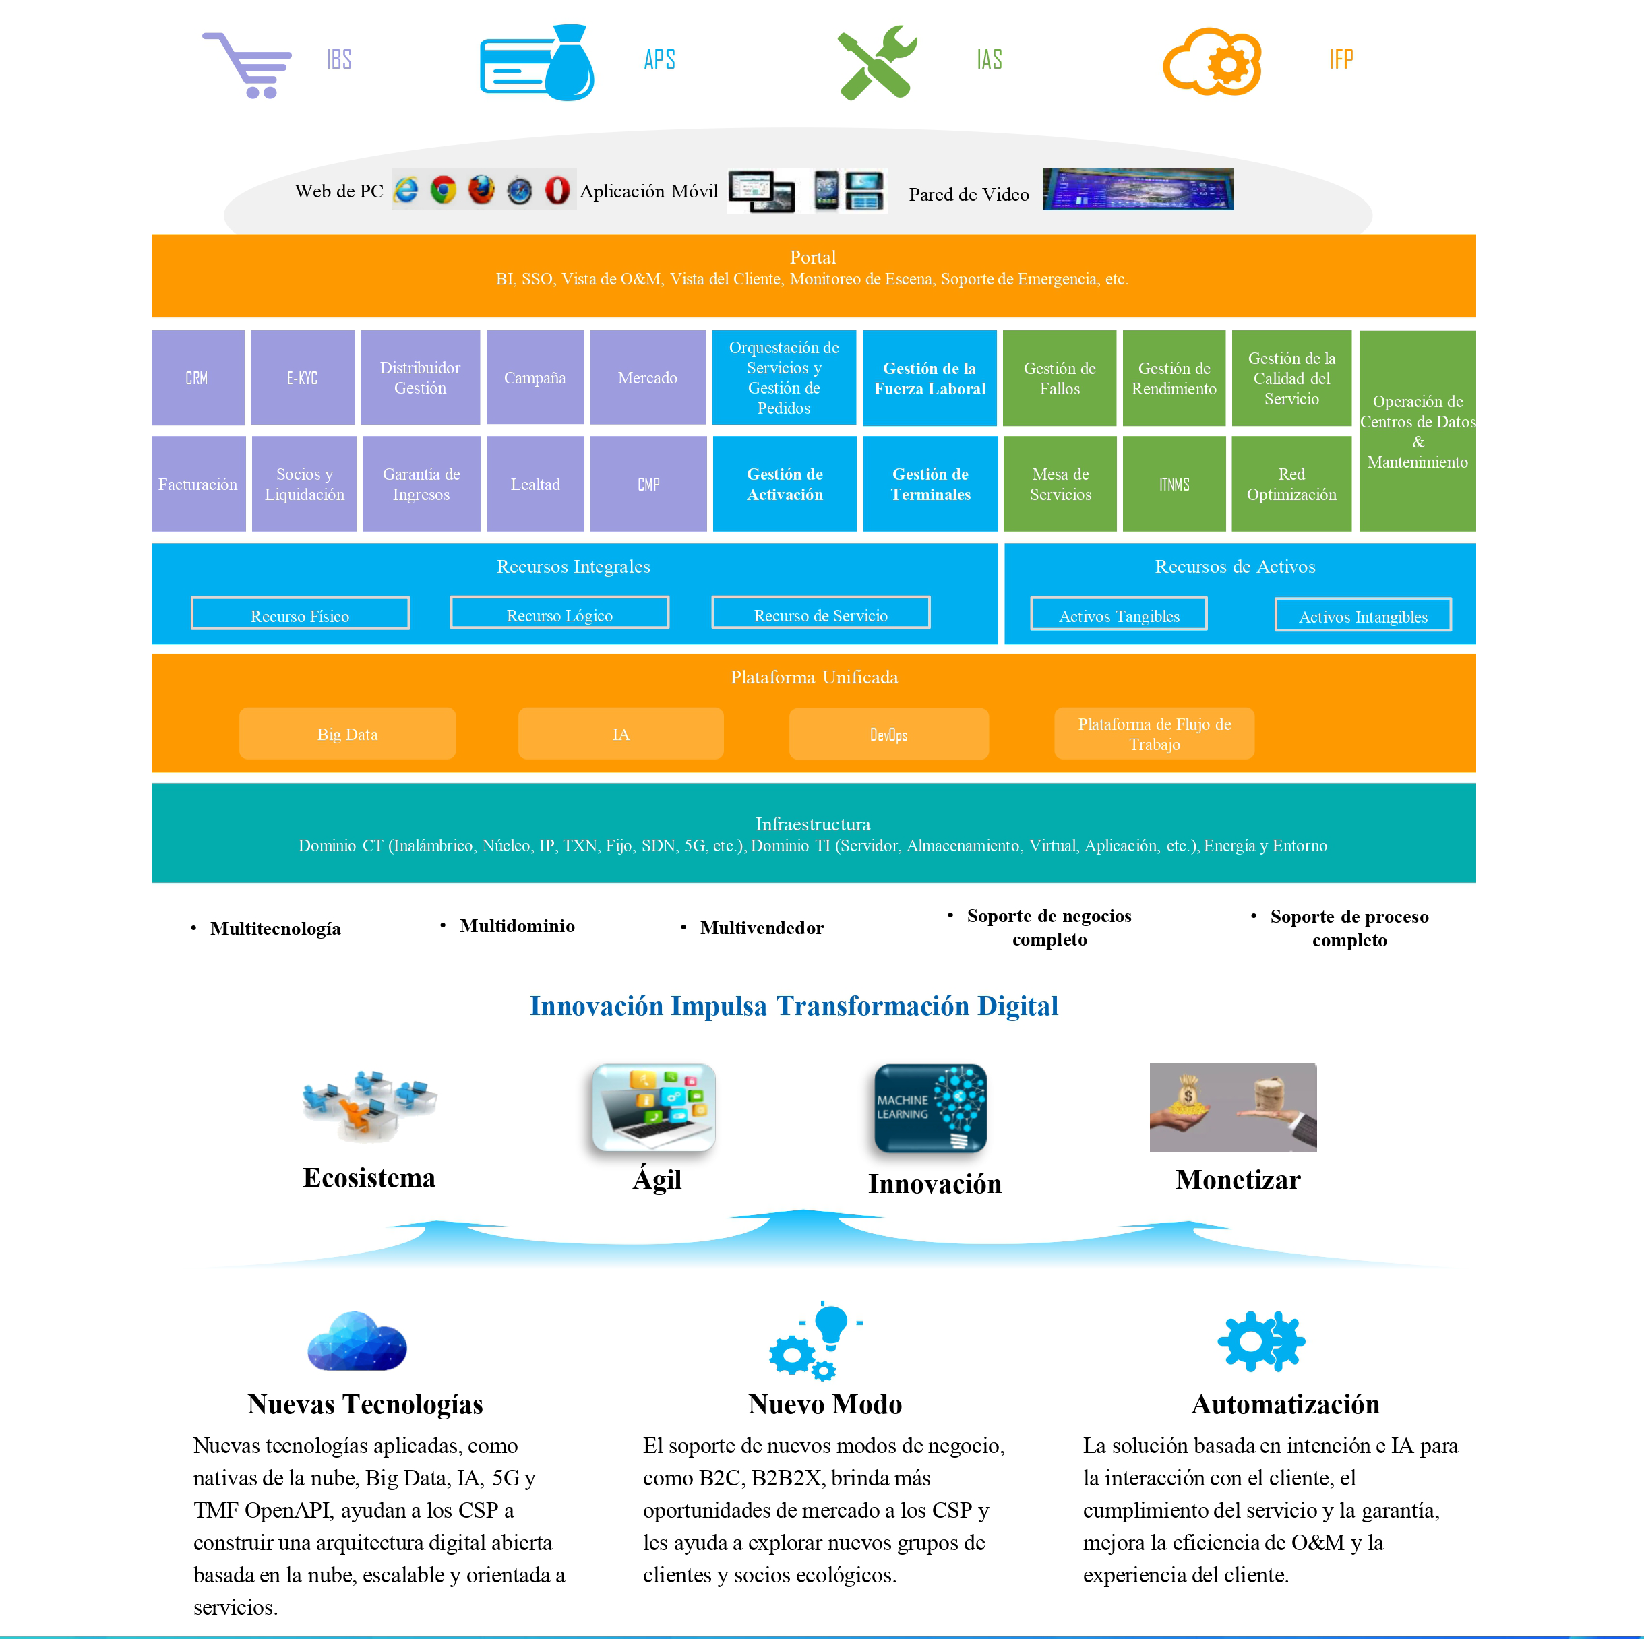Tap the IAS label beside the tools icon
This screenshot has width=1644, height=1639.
click(989, 59)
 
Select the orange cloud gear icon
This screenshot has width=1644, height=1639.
click(1212, 61)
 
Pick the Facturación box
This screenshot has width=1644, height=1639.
click(197, 484)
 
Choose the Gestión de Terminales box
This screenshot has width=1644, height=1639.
click(930, 484)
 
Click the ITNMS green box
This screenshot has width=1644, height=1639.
click(1174, 484)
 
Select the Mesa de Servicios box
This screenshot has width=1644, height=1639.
click(1060, 484)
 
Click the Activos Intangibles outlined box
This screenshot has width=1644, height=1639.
click(1362, 615)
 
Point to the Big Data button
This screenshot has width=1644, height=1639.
click(347, 733)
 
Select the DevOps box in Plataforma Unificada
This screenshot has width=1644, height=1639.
click(888, 733)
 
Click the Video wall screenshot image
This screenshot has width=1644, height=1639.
click(1137, 189)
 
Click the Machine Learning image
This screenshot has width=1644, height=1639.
click(930, 1108)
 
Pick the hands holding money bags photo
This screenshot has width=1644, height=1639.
click(1232, 1107)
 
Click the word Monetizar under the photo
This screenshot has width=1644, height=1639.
click(1238, 1180)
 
